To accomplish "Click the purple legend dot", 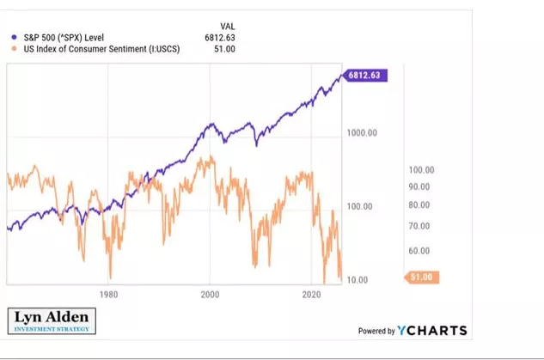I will pos(12,37).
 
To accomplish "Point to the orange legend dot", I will pos(12,49).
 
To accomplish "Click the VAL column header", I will pos(227,25).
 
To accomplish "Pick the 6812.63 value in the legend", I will pos(219,37).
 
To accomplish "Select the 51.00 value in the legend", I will pos(224,49).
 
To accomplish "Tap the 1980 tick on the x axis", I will pos(108,294).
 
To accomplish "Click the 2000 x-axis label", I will pos(210,294).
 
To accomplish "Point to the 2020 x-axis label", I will pos(312,294).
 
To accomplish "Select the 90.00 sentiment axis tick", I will pos(419,187).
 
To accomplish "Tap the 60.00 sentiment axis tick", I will pos(419,251).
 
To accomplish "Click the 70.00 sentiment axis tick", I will pos(419,226).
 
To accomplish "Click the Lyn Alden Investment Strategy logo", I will pos(51,321).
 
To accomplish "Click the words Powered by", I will pos(376,331).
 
